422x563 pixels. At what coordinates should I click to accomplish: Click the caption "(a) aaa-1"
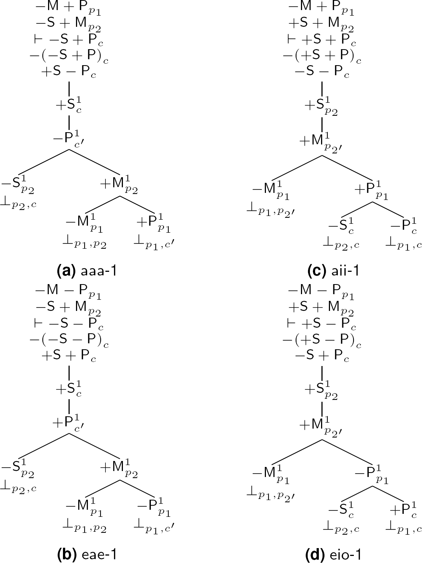pyautogui.click(x=86, y=271)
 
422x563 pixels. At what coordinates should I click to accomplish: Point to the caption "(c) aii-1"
pyautogui.click(x=333, y=271)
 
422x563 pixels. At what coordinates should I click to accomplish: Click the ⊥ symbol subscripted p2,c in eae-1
pyautogui.click(x=19, y=487)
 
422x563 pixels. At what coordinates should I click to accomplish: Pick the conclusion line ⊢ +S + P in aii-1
pyautogui.click(x=322, y=41)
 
